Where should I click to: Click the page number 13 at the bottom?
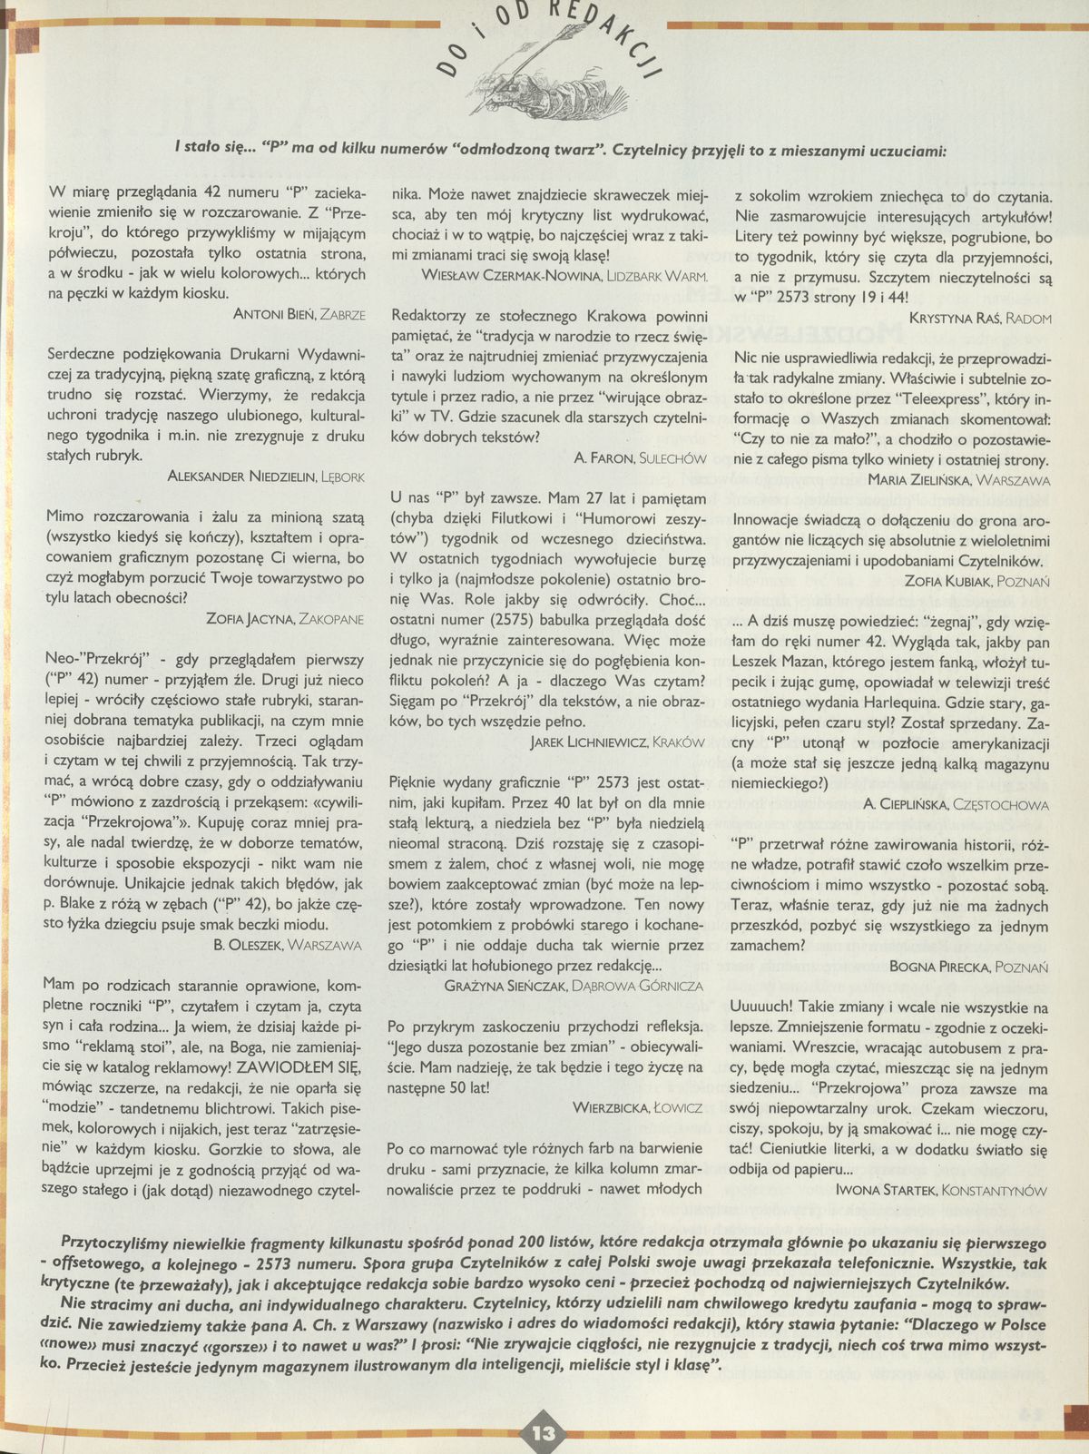(x=544, y=1433)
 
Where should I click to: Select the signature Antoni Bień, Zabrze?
(x=299, y=315)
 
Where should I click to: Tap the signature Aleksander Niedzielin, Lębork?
(x=267, y=476)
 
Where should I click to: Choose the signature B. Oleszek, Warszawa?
(x=287, y=944)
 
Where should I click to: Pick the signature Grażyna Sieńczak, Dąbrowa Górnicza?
(x=574, y=985)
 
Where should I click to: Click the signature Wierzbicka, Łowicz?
(x=638, y=1107)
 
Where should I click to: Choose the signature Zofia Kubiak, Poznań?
(x=977, y=578)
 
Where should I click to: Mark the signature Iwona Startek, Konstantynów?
(x=940, y=1190)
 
